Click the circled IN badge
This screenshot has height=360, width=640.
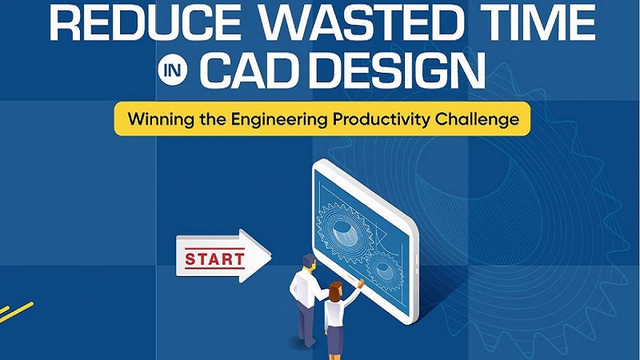(178, 72)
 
